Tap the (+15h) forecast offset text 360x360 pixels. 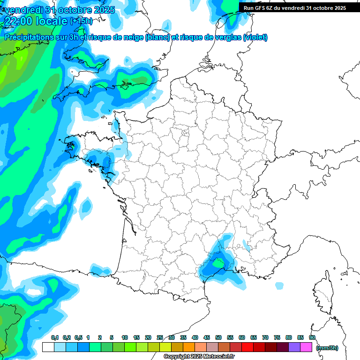(x=81, y=21)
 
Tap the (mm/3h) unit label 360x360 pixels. (x=327, y=347)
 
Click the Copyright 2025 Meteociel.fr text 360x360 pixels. (x=199, y=357)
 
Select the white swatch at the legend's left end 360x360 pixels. (x=48, y=347)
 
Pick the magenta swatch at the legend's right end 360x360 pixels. (x=307, y=347)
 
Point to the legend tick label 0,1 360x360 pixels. (x=54, y=337)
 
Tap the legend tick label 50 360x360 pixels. (x=218, y=337)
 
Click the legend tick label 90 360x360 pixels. (x=312, y=337)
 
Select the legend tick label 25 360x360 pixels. (x=160, y=337)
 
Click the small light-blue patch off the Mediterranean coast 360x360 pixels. (x=279, y=285)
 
